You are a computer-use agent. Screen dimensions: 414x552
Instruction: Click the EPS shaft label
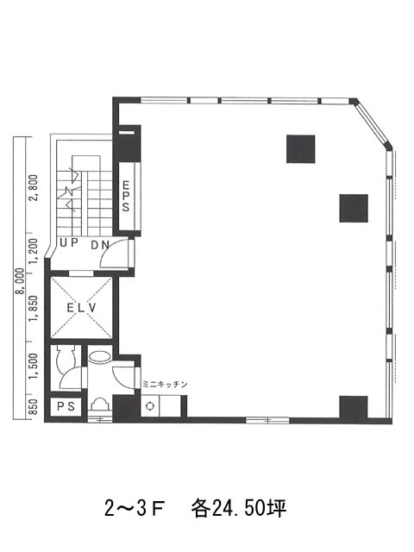pos(126,196)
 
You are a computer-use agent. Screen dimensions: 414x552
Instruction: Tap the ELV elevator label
pos(81,308)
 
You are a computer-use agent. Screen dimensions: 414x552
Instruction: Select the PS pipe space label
pos(66,406)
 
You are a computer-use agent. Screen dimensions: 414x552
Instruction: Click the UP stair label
pos(68,242)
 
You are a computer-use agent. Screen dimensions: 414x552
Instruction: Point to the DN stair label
pos(100,245)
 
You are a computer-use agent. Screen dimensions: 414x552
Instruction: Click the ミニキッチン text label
pos(165,385)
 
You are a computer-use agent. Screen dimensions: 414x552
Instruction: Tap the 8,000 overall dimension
pos(20,281)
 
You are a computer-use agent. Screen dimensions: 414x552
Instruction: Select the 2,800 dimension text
pos(34,187)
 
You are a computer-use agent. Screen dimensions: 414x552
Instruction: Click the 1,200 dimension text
pos(34,251)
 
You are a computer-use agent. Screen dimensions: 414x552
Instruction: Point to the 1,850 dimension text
pos(34,309)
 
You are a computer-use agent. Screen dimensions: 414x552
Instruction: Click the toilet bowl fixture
pos(65,356)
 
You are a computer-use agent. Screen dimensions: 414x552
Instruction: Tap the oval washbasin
pos(100,357)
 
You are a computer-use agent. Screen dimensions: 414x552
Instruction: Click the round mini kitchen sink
pos(150,406)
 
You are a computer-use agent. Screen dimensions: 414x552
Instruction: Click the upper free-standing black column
pos(300,149)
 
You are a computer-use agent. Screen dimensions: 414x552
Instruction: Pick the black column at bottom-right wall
pos(354,407)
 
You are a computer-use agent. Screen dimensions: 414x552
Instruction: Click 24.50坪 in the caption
pos(249,508)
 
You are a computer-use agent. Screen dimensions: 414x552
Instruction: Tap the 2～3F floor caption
pos(135,509)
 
